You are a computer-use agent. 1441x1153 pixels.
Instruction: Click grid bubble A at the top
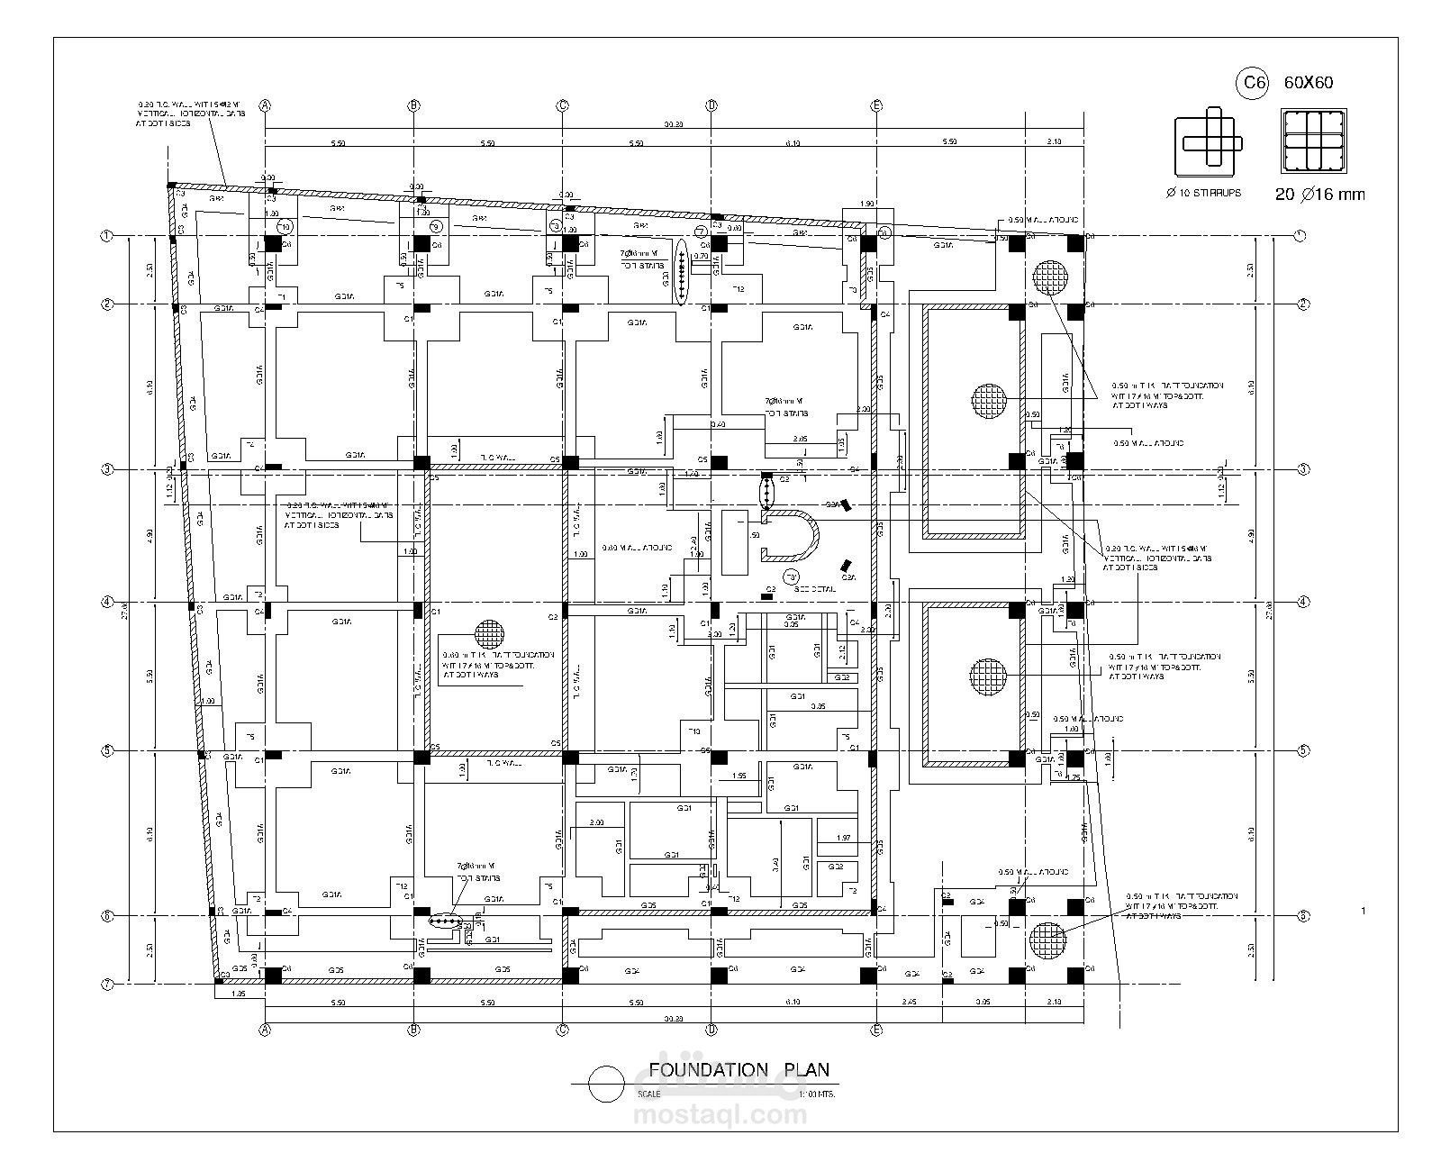[x=265, y=105]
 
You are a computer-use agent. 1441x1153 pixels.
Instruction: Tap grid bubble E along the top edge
[x=876, y=105]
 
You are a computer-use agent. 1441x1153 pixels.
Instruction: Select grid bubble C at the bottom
[x=562, y=1029]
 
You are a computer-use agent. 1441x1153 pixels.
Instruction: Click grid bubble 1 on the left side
[x=106, y=236]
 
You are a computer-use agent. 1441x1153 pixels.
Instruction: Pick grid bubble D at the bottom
[x=711, y=1029]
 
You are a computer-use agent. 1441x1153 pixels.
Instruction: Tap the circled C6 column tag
[x=1252, y=84]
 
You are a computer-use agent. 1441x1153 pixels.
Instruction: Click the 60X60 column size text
[x=1308, y=83]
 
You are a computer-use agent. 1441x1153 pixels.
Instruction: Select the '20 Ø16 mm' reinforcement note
[x=1319, y=195]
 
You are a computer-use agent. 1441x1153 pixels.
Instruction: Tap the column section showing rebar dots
[x=1315, y=141]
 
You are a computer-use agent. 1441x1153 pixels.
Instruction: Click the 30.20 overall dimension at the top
[x=673, y=124]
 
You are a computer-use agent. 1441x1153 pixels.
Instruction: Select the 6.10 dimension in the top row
[x=793, y=143]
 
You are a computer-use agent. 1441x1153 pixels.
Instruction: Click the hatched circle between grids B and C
[x=490, y=633]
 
